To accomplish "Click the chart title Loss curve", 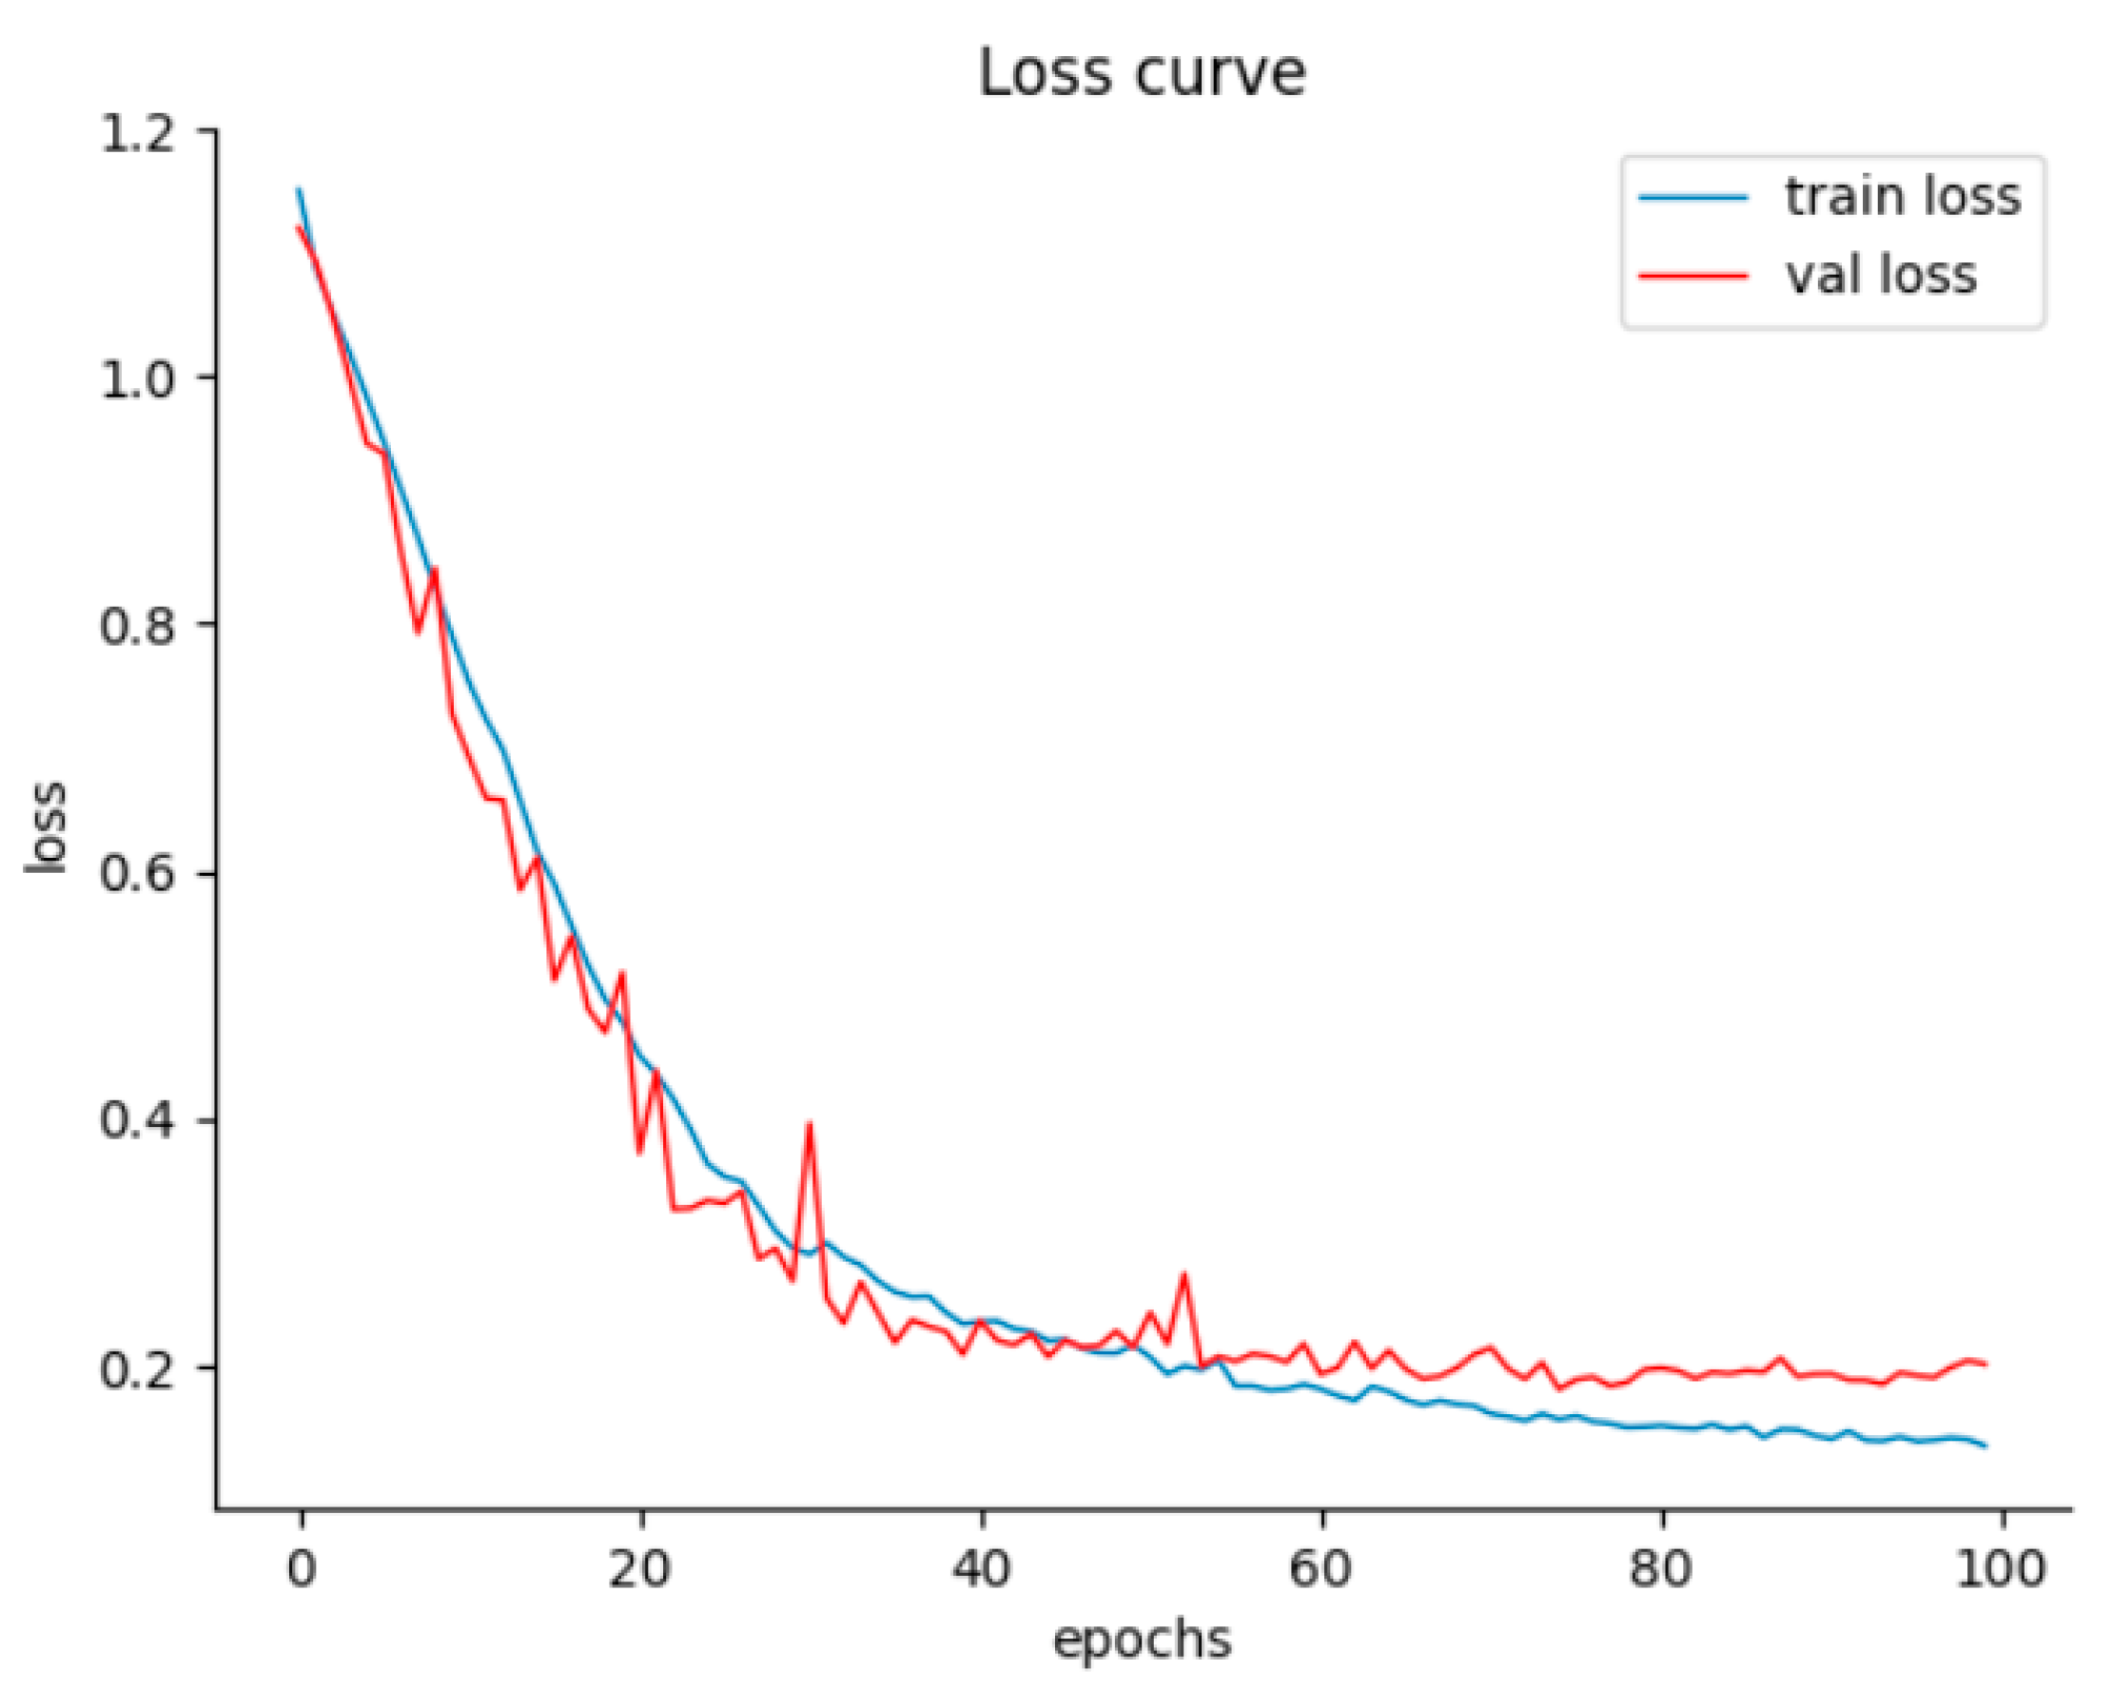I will click(1142, 73).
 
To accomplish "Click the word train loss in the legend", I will click(1903, 197).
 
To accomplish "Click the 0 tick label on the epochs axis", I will click(302, 1568).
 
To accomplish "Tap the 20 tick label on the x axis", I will click(640, 1568).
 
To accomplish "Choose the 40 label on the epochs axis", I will click(981, 1568).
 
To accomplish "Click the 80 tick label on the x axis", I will click(1661, 1568).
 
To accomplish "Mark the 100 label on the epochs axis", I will click(2001, 1568).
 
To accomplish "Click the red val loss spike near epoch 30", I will click(810, 1127).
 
